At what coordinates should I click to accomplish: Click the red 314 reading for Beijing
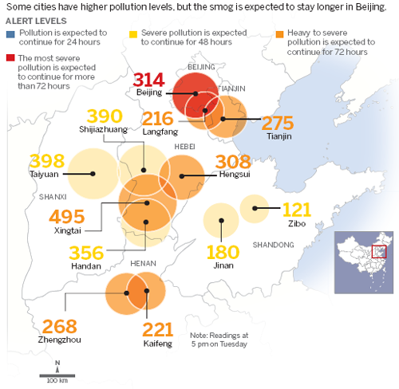(x=148, y=81)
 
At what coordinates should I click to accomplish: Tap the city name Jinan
(x=223, y=265)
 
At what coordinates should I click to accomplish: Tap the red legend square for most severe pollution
(x=10, y=57)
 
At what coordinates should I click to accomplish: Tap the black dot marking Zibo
(x=255, y=209)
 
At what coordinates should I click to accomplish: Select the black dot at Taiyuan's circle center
(x=93, y=173)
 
